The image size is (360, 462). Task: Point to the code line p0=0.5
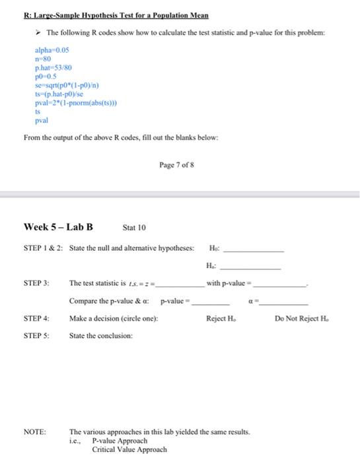[x=46, y=77]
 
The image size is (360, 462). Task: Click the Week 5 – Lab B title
[x=58, y=228]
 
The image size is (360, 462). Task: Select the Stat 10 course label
[x=135, y=228]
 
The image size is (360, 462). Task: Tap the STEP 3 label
[x=37, y=283]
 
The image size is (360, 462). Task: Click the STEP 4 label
[x=37, y=319]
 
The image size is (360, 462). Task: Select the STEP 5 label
[x=37, y=336]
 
